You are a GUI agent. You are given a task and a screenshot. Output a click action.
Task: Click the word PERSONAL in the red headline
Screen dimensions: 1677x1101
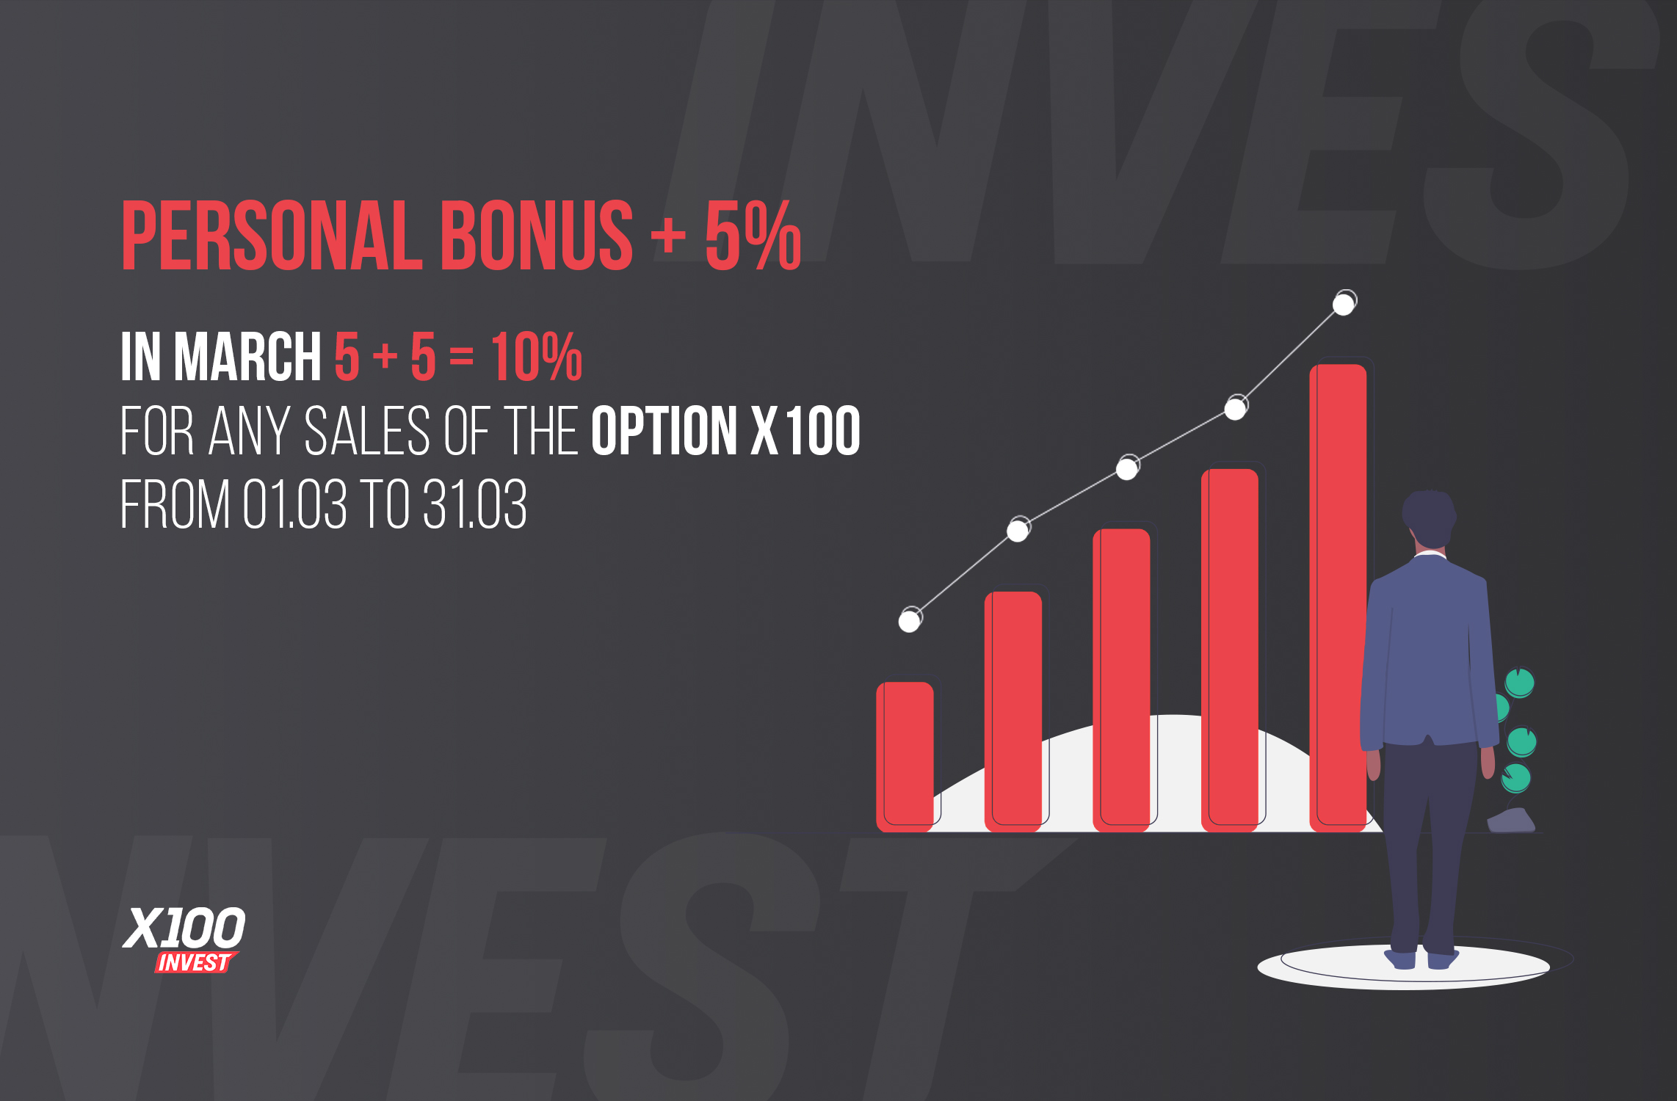(x=272, y=235)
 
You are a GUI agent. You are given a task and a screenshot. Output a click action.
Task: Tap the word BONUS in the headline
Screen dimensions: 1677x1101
(x=536, y=235)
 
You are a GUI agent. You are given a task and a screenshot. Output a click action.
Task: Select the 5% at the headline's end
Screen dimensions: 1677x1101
(x=753, y=235)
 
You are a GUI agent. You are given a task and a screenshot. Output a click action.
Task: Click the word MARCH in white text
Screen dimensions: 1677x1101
(x=247, y=356)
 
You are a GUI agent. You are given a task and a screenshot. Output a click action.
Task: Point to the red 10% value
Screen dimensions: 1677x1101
(x=537, y=356)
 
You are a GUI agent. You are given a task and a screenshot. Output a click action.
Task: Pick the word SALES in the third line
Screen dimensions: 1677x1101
(x=367, y=431)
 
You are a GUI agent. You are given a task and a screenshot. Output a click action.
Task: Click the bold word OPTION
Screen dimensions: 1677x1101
(x=664, y=431)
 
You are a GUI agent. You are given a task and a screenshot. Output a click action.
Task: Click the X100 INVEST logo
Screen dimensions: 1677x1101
(x=184, y=940)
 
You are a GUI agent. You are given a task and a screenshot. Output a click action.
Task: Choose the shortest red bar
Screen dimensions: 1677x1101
(x=905, y=757)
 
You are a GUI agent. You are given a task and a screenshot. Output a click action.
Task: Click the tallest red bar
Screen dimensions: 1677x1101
(x=1338, y=598)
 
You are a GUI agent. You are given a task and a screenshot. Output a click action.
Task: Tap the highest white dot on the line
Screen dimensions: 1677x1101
(x=1344, y=303)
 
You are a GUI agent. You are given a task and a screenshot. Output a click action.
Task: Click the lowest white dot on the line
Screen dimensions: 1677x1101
(x=910, y=621)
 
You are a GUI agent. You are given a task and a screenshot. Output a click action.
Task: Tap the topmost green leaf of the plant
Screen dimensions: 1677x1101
(x=1519, y=683)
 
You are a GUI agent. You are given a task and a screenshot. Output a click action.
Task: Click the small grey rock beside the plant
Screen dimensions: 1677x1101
(x=1511, y=821)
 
